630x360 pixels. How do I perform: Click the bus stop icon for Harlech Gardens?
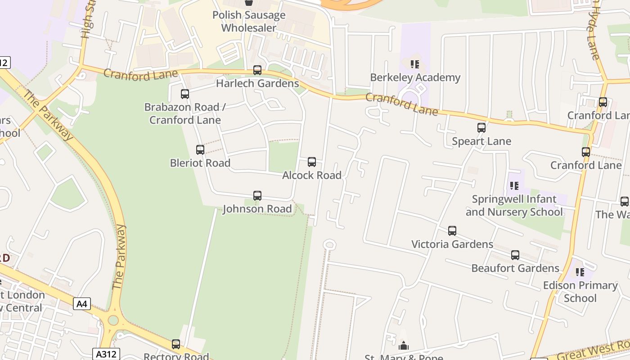(x=257, y=70)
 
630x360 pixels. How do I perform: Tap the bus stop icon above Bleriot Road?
(x=200, y=150)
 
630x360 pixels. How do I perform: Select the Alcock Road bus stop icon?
(x=312, y=162)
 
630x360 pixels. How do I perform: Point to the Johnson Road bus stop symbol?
(x=257, y=196)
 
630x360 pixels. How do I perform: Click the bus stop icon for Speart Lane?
(x=481, y=128)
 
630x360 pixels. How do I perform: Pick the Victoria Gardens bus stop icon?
(x=452, y=231)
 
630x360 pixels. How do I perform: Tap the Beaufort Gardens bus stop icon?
(x=515, y=255)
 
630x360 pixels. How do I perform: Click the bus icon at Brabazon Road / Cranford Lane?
(x=185, y=94)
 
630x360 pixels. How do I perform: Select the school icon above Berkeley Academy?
(x=415, y=64)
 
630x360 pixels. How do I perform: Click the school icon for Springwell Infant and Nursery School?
(x=514, y=185)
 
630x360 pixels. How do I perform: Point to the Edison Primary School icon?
(x=580, y=272)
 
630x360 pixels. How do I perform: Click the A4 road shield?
(x=81, y=304)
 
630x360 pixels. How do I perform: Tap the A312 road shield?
(x=106, y=354)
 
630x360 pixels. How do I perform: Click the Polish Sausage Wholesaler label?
(x=249, y=22)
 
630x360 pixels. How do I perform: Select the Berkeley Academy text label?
(x=415, y=77)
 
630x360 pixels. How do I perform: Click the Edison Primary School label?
(x=580, y=292)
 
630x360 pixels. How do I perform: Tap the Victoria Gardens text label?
(x=452, y=244)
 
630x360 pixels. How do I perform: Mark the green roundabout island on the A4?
(x=113, y=320)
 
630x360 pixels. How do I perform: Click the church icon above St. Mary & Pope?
(x=404, y=346)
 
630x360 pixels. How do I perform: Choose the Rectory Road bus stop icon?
(x=176, y=344)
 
